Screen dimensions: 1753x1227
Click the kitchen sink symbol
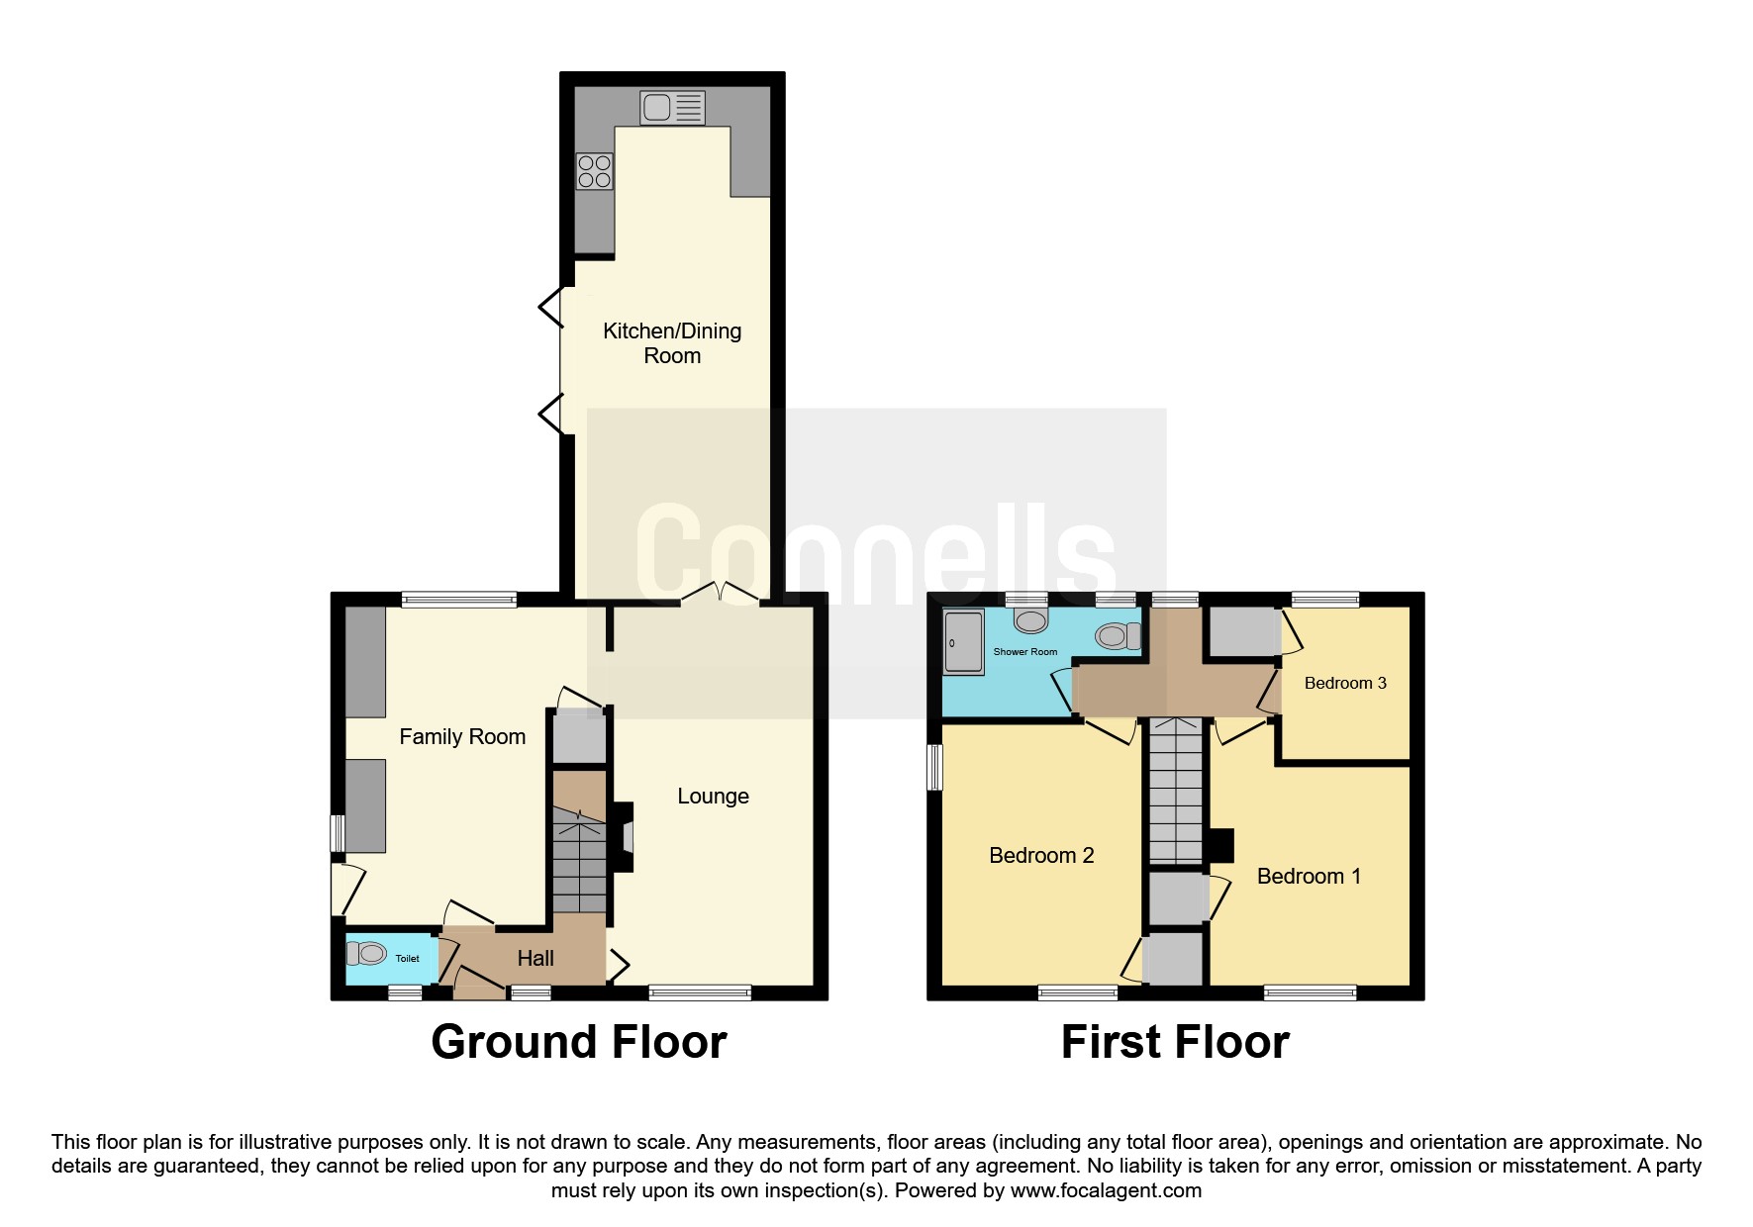click(673, 108)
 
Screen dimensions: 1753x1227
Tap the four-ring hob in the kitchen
click(595, 172)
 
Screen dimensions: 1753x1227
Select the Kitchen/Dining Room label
click(672, 343)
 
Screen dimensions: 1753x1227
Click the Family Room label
click(462, 736)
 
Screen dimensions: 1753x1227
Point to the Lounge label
click(713, 797)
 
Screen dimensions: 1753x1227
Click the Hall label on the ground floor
click(536, 958)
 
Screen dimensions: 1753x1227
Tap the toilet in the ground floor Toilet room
click(366, 953)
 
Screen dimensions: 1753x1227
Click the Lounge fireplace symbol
click(624, 836)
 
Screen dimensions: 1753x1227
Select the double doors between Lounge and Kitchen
click(720, 593)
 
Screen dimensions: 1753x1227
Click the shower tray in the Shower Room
click(964, 643)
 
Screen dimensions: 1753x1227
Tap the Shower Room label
click(1025, 652)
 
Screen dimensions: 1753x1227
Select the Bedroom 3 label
click(1345, 683)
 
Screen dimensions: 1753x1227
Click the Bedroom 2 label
click(1041, 856)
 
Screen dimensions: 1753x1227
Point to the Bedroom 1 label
click(1309, 877)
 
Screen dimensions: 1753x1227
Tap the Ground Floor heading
click(579, 1042)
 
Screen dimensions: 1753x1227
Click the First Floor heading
click(1175, 1042)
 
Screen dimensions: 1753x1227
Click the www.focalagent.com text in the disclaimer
click(1106, 1190)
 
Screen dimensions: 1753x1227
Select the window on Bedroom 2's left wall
click(935, 768)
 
